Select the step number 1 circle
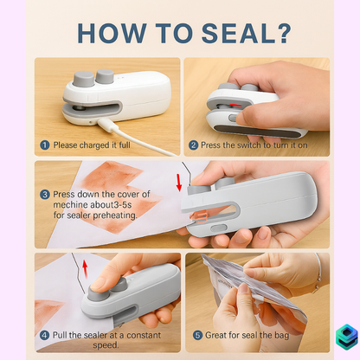[44, 145]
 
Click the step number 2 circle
[194, 145]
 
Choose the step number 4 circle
[44, 334]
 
